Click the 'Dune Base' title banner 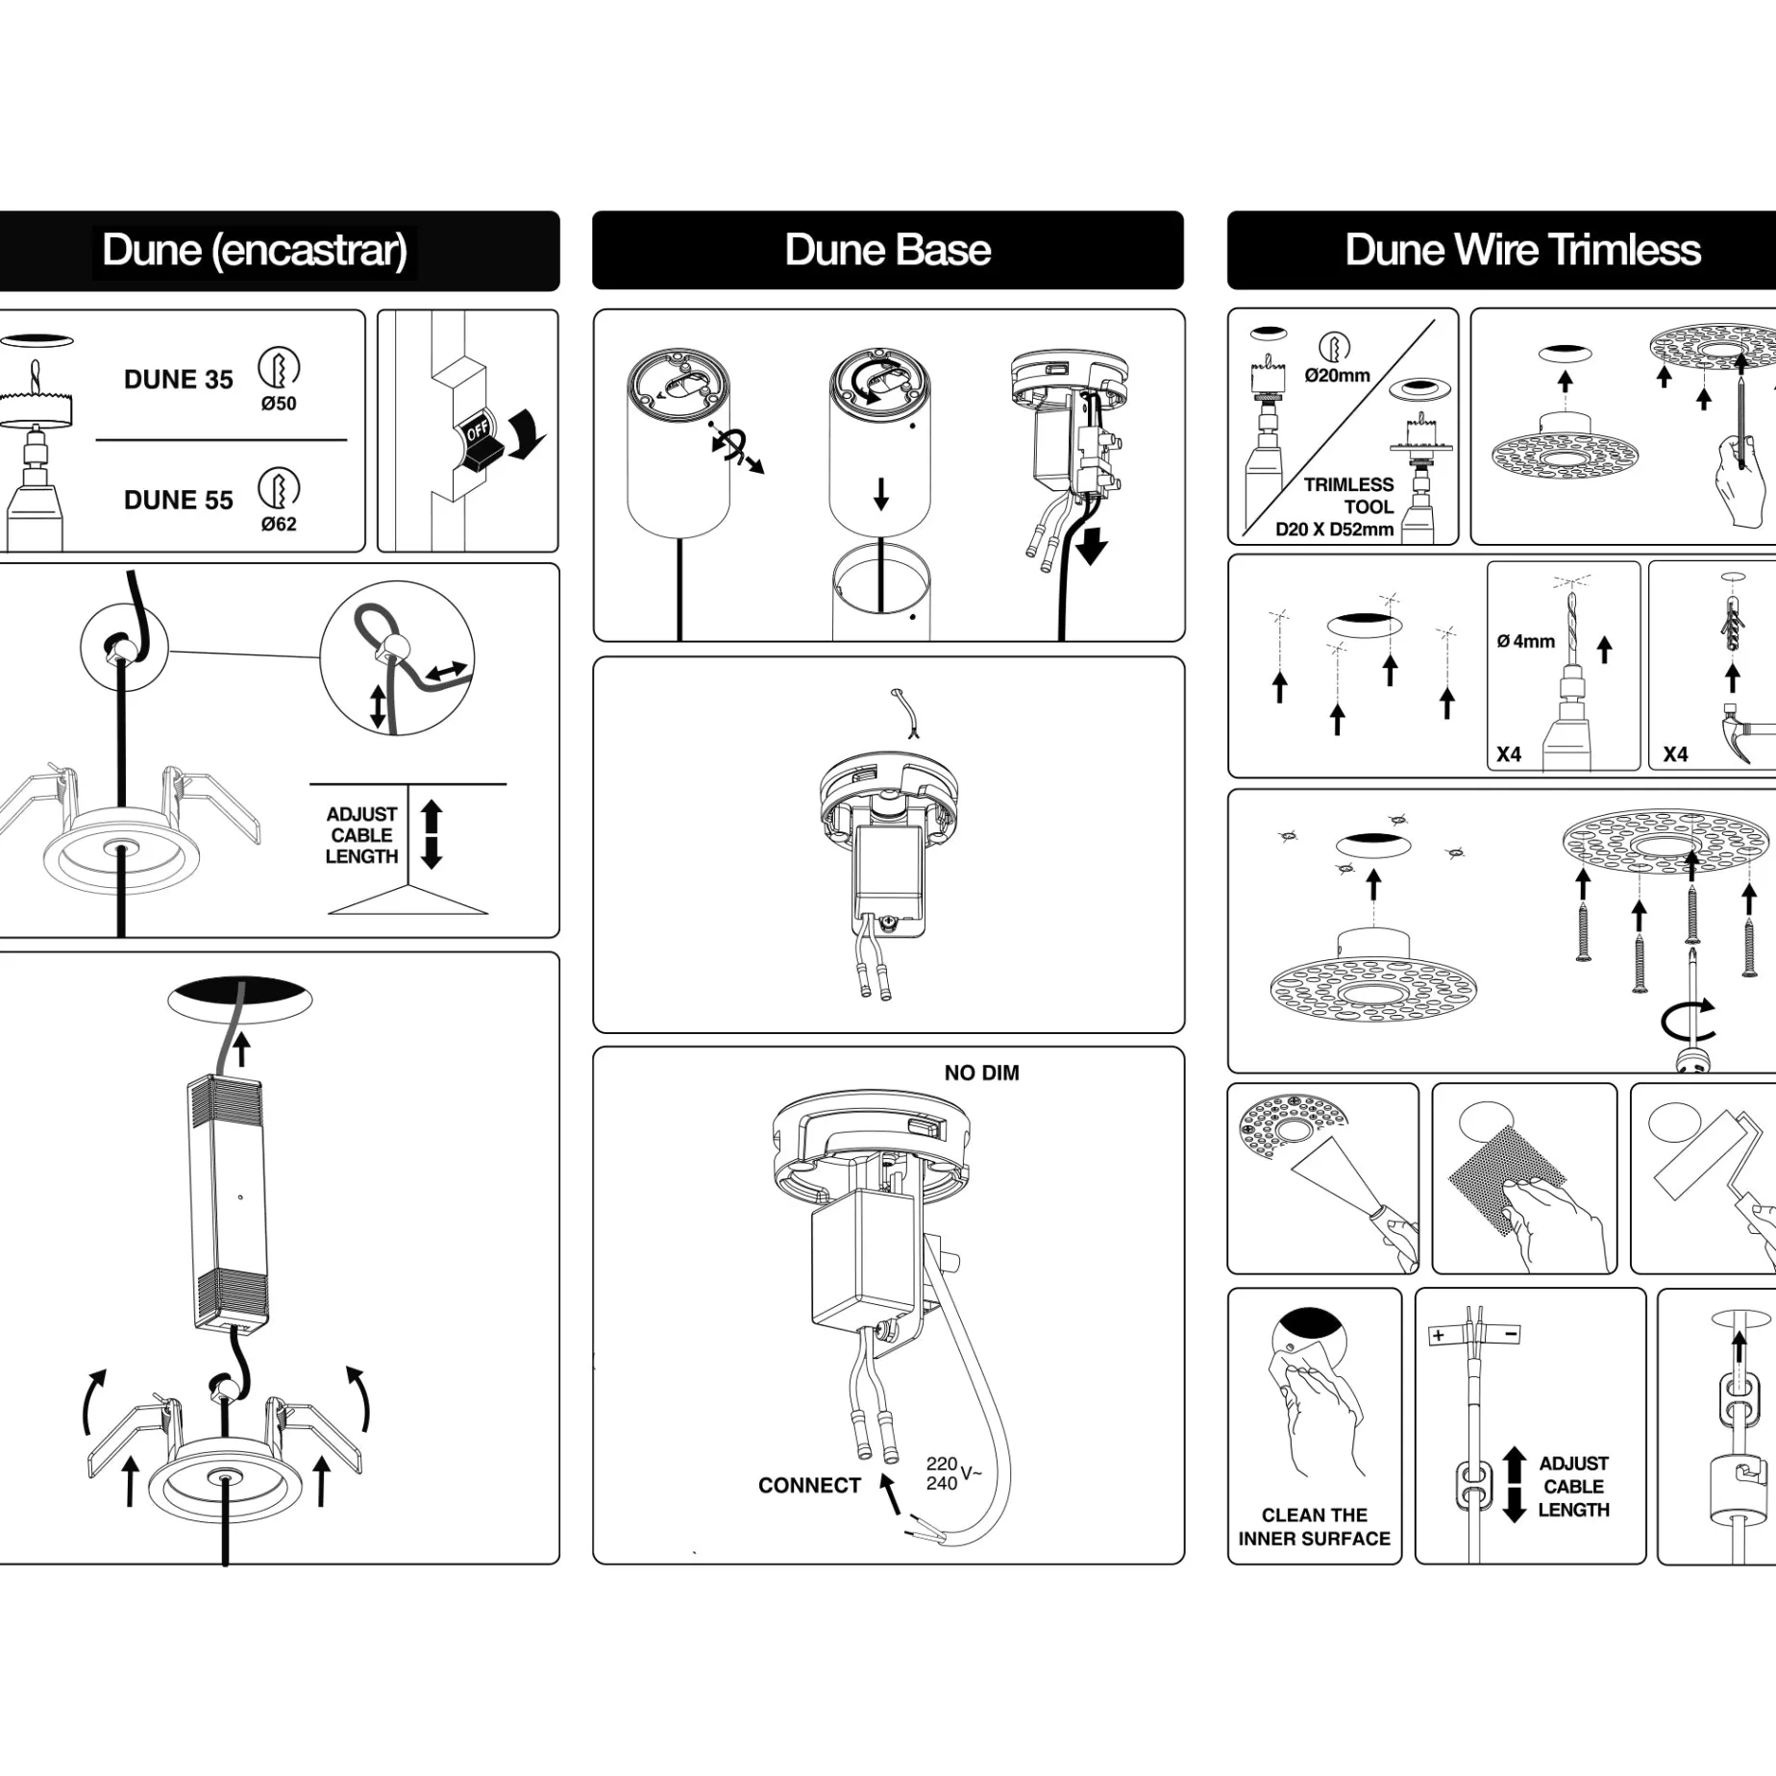click(888, 250)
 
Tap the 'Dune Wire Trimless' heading click(1522, 250)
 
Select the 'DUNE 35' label click(179, 380)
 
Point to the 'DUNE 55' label click(179, 500)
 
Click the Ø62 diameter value click(279, 524)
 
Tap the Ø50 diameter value click(279, 404)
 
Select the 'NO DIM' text click(981, 1073)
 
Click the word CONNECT click(809, 1485)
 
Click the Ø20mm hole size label click(1337, 376)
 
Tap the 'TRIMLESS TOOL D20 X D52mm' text click(1336, 506)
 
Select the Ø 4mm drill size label click(1525, 641)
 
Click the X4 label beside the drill click(1509, 754)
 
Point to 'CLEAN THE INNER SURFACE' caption click(1314, 1526)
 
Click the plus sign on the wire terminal click(1438, 1335)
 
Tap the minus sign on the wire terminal click(1511, 1334)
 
